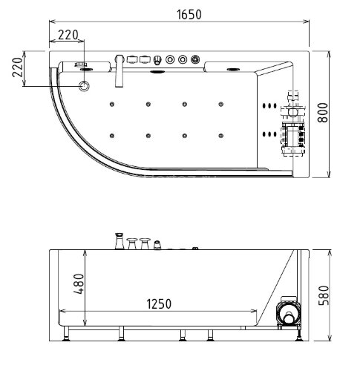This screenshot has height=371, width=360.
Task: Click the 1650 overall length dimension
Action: pos(189,14)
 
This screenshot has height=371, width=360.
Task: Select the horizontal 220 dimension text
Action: pos(68,34)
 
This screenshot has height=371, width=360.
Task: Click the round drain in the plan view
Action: pos(85,87)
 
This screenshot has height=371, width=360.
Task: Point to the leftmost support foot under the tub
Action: pos(68,335)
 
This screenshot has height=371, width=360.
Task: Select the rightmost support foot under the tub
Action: pos(298,335)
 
